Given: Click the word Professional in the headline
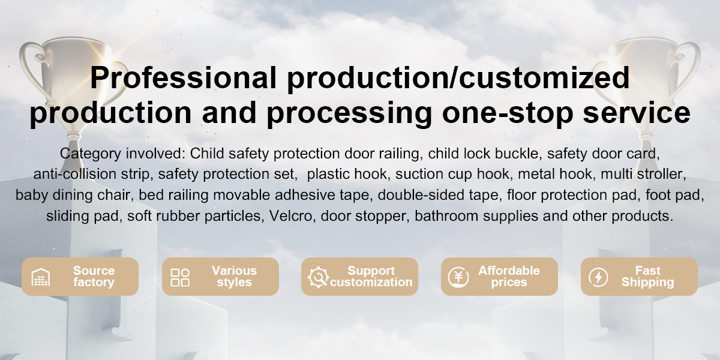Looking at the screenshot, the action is (183, 77).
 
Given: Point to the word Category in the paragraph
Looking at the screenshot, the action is (91, 154).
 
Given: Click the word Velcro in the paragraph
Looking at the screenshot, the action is (290, 216).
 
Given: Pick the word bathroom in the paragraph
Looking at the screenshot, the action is (446, 216).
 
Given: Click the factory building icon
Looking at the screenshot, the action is (41, 277).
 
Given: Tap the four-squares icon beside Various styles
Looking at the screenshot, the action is (180, 277).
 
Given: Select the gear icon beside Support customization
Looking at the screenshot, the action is (318, 277).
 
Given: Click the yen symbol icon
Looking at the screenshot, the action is (458, 277).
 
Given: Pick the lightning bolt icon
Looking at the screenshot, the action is (598, 277).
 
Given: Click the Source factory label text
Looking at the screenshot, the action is (94, 277).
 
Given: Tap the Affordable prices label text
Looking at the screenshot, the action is (509, 277).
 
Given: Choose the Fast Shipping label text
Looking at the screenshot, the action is (647, 277).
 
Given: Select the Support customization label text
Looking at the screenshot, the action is (371, 277).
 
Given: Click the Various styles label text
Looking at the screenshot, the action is (235, 277).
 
